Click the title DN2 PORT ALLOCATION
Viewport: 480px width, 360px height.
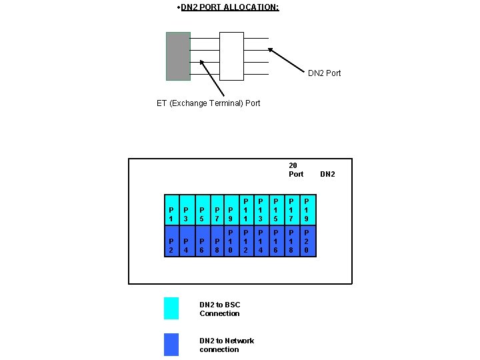click(229, 7)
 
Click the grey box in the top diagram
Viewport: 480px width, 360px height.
click(178, 56)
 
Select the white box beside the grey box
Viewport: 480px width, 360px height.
click(231, 56)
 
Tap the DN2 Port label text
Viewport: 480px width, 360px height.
click(324, 73)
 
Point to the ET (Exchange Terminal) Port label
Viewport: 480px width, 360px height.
click(208, 103)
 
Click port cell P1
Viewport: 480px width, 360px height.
click(172, 210)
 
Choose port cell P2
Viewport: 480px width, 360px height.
click(172, 241)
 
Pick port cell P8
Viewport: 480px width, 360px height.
click(217, 241)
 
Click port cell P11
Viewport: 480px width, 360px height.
click(246, 210)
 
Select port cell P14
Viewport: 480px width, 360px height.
click(261, 241)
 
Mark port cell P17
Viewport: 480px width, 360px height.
click(292, 210)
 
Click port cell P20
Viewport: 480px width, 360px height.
click(307, 241)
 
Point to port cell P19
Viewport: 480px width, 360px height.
click(307, 210)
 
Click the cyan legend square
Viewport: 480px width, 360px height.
click(171, 308)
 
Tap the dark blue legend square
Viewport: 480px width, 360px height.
click(171, 344)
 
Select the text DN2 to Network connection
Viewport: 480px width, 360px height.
click(227, 345)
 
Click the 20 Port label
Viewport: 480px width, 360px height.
click(295, 169)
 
